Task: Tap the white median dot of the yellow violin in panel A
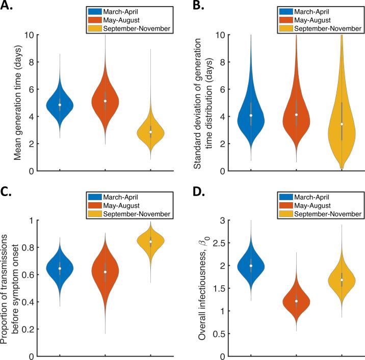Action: tap(150, 132)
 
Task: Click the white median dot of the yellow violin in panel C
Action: tap(150, 242)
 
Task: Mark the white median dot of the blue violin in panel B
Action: tap(251, 116)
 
